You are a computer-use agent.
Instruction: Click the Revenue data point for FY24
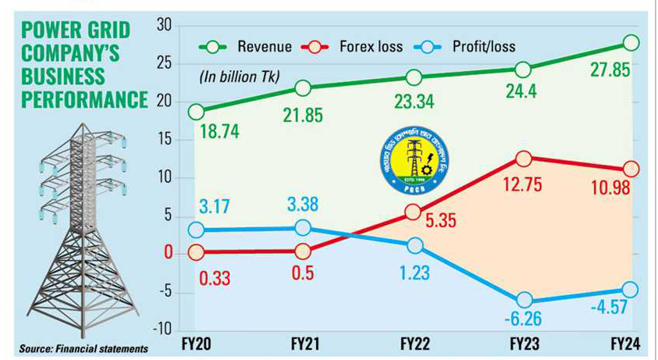click(x=631, y=42)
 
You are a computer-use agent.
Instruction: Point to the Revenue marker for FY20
click(x=196, y=112)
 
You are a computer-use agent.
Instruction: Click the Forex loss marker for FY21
click(x=304, y=251)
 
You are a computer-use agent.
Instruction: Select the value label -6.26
click(x=522, y=320)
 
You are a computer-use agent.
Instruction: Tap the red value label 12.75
click(x=522, y=187)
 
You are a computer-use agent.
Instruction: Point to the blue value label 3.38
click(x=304, y=209)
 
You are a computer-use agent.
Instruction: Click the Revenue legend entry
click(x=249, y=47)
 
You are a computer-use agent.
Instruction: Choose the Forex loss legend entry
click(x=358, y=47)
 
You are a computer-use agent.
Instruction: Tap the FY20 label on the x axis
click(x=196, y=344)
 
